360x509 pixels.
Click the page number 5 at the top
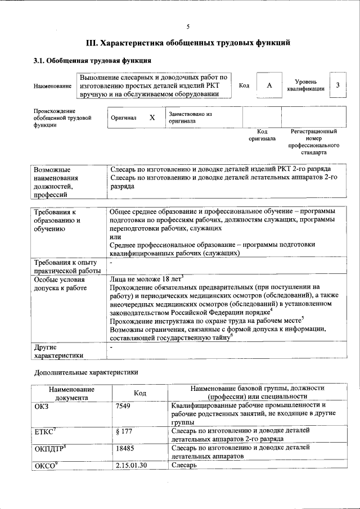tap(188, 26)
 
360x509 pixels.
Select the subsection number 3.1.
tap(39, 61)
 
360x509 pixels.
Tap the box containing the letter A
tap(269, 85)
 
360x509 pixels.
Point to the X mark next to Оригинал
tap(152, 118)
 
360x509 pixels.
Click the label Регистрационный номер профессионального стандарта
tap(313, 142)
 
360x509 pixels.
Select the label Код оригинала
tap(262, 134)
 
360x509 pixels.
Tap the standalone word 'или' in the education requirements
tap(115, 237)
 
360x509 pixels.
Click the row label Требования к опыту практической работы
tap(66, 267)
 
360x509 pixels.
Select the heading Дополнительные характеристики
tap(85, 372)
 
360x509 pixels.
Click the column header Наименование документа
tap(71, 393)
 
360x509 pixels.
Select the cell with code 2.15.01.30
tap(130, 465)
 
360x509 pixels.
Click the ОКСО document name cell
tap(47, 465)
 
